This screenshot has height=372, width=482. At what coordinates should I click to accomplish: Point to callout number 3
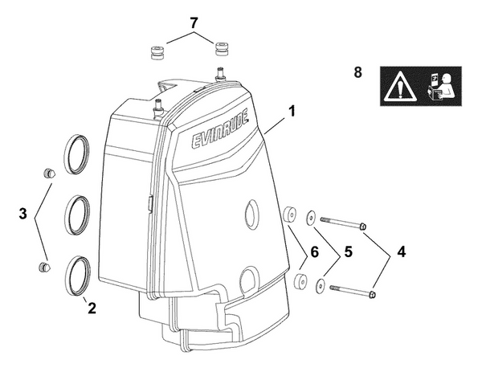[23, 215]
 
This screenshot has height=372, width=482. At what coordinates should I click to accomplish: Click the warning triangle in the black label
[398, 84]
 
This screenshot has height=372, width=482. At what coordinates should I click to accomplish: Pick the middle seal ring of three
[80, 213]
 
